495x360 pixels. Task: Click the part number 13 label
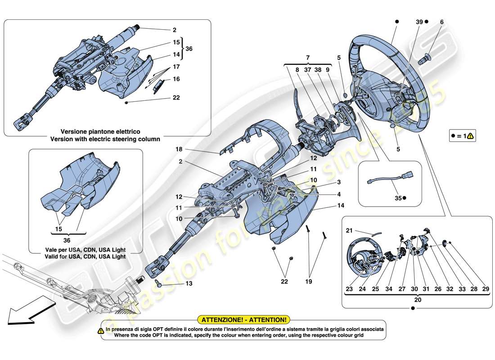click(x=188, y=284)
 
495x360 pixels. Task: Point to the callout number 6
click(x=441, y=21)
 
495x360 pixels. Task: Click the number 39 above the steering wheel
click(x=419, y=21)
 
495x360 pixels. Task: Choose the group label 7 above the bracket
click(x=307, y=58)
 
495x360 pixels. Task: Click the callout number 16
click(x=176, y=79)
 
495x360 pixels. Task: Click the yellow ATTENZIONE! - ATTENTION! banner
click(x=243, y=320)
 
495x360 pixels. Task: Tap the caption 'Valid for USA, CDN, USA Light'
click(x=85, y=256)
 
